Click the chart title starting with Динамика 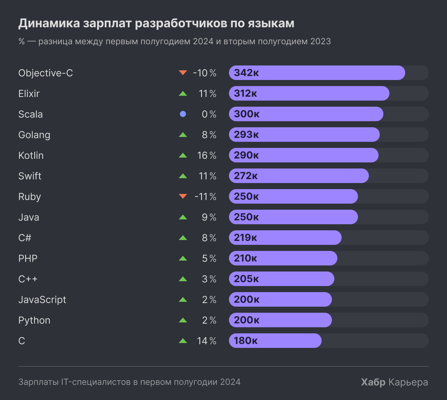point(156,23)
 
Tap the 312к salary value point(245,93)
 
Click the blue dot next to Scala point(183,114)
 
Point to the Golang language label point(34,135)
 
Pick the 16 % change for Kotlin point(207,155)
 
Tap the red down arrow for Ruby point(183,196)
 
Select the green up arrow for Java point(183,217)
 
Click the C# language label point(25,238)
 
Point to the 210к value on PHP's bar point(245,258)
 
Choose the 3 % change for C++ point(209,279)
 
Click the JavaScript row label point(42,300)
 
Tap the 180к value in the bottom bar point(246,341)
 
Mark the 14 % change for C point(207,341)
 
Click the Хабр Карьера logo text point(394,382)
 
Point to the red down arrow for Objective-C point(183,72)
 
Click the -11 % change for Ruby point(205,197)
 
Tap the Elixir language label point(29,94)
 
